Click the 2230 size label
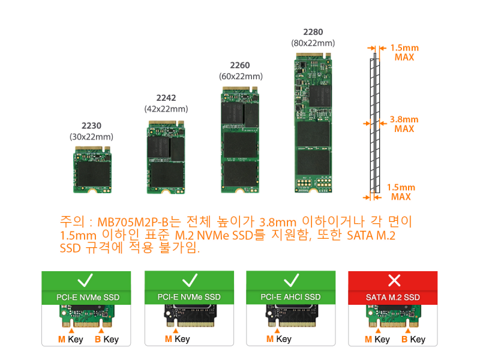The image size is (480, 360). pos(91,125)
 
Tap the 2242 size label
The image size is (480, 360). pos(166,98)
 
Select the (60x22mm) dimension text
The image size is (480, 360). pos(241,76)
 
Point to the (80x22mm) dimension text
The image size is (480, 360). pos(313,43)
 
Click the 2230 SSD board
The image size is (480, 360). pos(92,170)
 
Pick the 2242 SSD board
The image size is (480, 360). pos(166,157)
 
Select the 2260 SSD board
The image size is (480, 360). pos(240,140)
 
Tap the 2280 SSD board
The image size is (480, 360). pos(313,123)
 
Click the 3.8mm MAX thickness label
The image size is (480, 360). pos(404,124)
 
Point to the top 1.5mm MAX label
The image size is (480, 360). pos(404,52)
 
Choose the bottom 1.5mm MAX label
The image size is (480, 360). pos(401,192)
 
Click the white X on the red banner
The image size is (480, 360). pos(394,280)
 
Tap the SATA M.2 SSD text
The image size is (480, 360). pos(393,297)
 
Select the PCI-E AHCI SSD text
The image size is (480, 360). pos(290,297)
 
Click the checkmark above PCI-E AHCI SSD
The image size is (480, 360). pos(291,280)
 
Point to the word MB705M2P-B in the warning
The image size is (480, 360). pos(133,222)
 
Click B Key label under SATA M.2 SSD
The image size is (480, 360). pos(413,339)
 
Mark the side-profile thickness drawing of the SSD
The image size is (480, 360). pos(374,123)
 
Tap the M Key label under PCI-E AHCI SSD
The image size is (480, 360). pos(279,339)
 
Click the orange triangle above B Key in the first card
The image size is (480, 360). pos(101,331)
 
